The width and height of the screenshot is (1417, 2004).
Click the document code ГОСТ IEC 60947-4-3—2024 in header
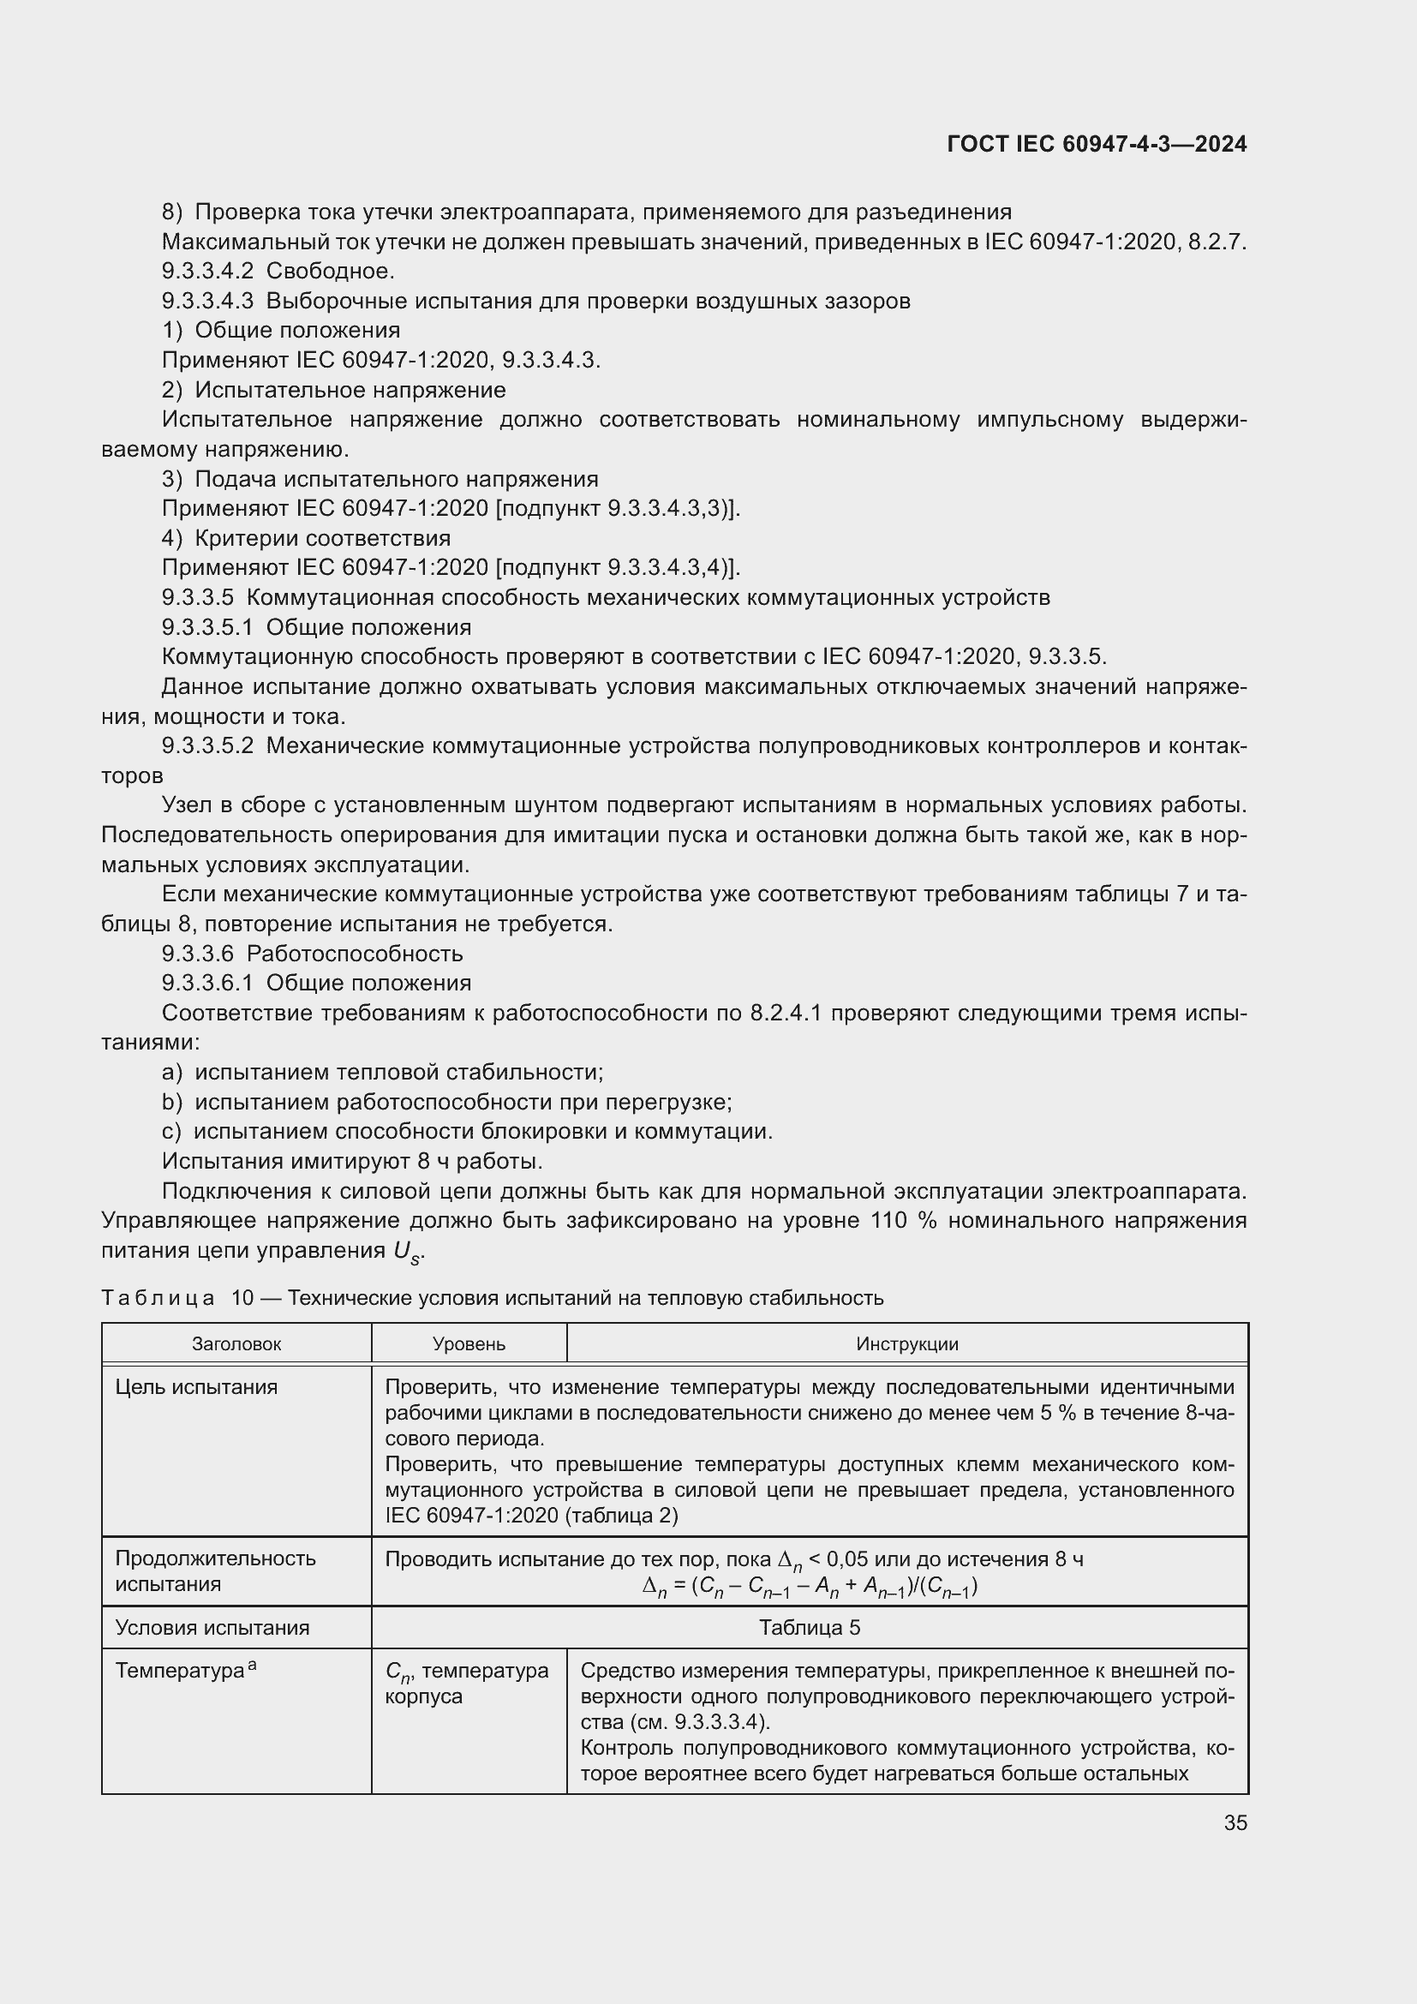point(1096,145)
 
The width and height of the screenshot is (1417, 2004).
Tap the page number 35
point(1235,1822)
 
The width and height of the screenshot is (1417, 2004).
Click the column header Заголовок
point(236,1344)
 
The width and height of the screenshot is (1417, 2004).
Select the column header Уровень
point(469,1344)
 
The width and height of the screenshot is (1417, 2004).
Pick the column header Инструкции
point(906,1344)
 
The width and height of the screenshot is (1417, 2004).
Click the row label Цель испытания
point(196,1387)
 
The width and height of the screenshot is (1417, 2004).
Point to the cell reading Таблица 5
point(809,1627)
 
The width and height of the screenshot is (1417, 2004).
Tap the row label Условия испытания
point(212,1627)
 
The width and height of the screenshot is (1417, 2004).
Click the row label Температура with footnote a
point(185,1671)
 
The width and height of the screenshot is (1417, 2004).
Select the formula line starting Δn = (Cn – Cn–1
point(809,1587)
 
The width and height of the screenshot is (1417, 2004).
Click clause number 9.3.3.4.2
point(207,272)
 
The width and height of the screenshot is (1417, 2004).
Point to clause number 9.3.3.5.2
point(207,745)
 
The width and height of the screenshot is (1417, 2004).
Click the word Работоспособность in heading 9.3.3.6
point(355,953)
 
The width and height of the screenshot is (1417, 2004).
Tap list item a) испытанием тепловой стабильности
point(382,1072)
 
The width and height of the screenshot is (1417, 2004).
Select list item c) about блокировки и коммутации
point(467,1131)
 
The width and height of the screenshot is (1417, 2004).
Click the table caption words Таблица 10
point(177,1298)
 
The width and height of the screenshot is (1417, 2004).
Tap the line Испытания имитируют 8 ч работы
point(351,1161)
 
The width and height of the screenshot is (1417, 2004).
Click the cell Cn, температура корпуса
point(467,1684)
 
